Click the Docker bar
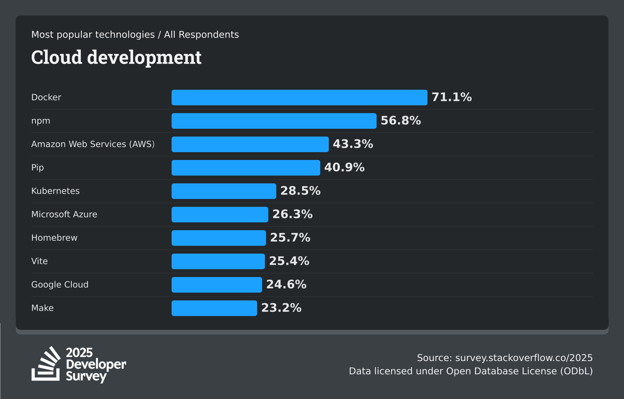point(299,98)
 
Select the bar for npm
point(274,121)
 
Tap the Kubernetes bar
point(224,191)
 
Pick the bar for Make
point(214,308)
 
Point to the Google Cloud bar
point(217,285)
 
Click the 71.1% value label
point(452,97)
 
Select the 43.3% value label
point(353,144)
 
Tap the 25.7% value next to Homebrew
point(290,238)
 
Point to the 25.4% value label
point(289,261)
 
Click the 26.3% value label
point(292,214)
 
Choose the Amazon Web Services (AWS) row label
point(93,144)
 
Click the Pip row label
point(37,168)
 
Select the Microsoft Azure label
point(64,214)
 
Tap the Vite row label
point(40,261)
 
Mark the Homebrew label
point(54,238)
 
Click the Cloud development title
point(116,57)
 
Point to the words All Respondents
point(201,35)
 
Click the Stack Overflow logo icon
point(46,364)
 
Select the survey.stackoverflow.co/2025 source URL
point(524,358)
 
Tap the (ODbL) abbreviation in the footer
point(576,371)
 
